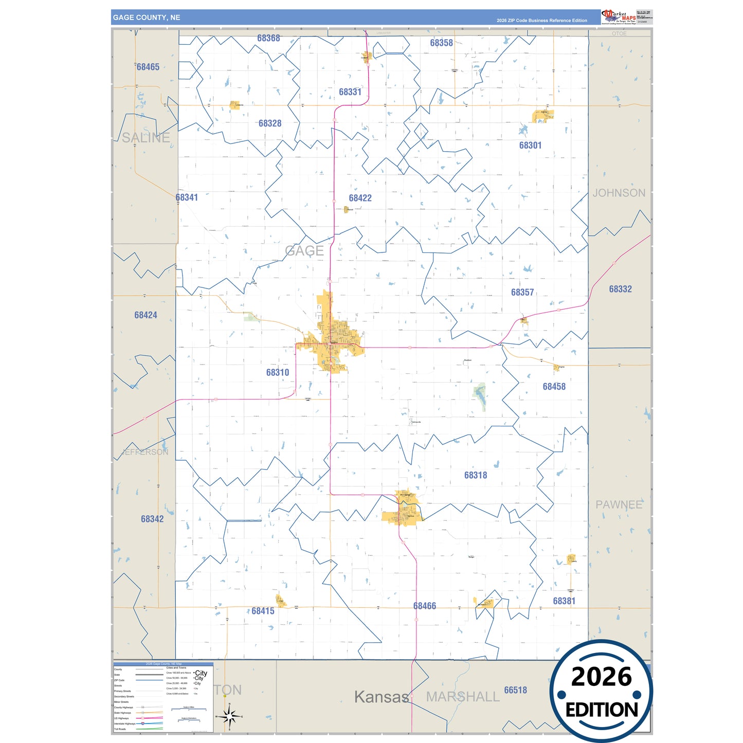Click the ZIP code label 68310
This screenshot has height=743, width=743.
[x=278, y=372]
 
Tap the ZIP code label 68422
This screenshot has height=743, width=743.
[x=360, y=198]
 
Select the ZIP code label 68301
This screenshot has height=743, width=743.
[x=530, y=146]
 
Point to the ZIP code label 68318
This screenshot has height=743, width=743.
[x=476, y=475]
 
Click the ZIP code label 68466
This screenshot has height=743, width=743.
[x=425, y=606]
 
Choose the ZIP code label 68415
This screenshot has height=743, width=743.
[x=263, y=611]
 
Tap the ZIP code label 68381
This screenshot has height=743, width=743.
[x=564, y=601]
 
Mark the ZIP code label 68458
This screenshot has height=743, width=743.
[x=554, y=386]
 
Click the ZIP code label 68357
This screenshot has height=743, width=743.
[x=522, y=292]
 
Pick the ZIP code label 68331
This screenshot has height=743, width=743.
[x=350, y=92]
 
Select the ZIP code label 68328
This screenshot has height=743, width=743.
[x=270, y=123]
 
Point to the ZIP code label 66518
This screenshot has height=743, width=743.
[x=515, y=690]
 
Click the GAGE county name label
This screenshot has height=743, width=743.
[x=304, y=251]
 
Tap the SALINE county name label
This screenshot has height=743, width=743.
[x=146, y=138]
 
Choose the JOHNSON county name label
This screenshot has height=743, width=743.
[x=619, y=193]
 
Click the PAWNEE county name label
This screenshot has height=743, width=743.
[x=619, y=504]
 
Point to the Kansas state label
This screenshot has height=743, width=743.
[x=382, y=697]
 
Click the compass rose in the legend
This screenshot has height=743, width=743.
[x=229, y=716]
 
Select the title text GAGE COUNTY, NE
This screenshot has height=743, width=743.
[x=147, y=17]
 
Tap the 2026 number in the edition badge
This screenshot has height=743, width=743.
[x=601, y=677]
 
